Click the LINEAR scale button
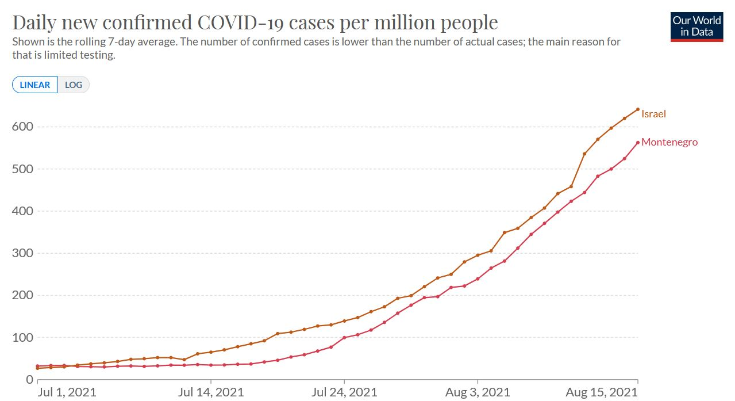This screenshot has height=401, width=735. pyautogui.click(x=35, y=85)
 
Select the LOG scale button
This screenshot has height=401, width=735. pyautogui.click(x=74, y=85)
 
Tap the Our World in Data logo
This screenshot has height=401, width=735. pyautogui.click(x=696, y=26)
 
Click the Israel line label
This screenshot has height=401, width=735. pyautogui.click(x=653, y=114)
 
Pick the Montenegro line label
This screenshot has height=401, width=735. pyautogui.click(x=669, y=142)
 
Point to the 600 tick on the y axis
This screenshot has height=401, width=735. pyautogui.click(x=23, y=127)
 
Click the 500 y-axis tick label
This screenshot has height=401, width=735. pyautogui.click(x=23, y=169)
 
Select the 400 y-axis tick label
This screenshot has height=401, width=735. pyautogui.click(x=23, y=211)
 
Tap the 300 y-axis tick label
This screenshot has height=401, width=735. pyautogui.click(x=23, y=253)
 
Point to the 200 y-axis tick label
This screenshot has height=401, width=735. pyautogui.click(x=23, y=295)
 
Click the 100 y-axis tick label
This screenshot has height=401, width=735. pyautogui.click(x=23, y=338)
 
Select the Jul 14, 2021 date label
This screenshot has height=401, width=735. pyautogui.click(x=211, y=392)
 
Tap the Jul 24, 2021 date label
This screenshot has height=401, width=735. pyautogui.click(x=344, y=392)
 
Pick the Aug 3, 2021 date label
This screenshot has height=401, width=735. pyautogui.click(x=478, y=392)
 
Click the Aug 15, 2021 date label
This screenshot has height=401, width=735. pyautogui.click(x=602, y=392)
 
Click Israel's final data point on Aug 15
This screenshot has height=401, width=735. pyautogui.click(x=638, y=109)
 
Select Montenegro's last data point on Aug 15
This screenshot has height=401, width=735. pyautogui.click(x=638, y=143)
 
